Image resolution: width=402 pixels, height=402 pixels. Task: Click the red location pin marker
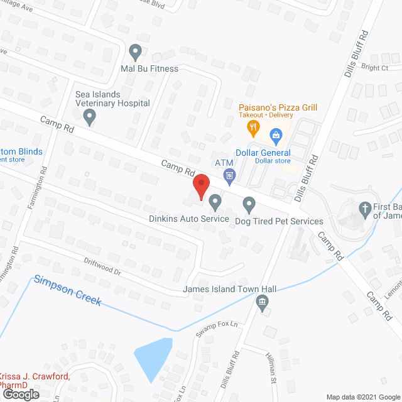click(200, 187)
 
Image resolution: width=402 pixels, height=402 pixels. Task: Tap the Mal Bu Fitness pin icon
click(135, 52)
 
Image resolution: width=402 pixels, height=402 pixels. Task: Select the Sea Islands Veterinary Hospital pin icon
click(90, 116)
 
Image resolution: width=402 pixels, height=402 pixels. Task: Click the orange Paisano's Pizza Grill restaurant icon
click(253, 129)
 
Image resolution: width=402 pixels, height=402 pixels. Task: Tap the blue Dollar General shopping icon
click(275, 134)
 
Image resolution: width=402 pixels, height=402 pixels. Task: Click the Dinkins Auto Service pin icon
click(215, 202)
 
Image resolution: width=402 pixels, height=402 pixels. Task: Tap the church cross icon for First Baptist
click(364, 209)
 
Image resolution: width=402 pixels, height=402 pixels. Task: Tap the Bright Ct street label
click(375, 67)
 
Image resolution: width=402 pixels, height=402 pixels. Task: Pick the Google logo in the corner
click(20, 394)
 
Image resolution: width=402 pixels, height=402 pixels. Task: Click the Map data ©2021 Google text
click(362, 397)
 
